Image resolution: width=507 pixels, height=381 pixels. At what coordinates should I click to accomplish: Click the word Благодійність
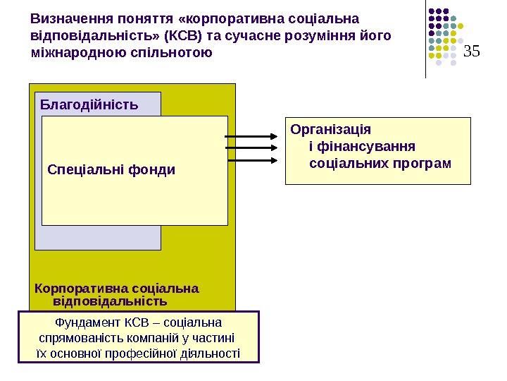pyautogui.click(x=89, y=105)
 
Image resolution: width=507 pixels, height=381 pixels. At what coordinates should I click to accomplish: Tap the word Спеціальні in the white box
pyautogui.click(x=77, y=169)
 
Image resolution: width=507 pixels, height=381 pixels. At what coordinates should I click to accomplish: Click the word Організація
pyautogui.click(x=330, y=130)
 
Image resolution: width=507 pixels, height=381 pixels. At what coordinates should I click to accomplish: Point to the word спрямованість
pyautogui.click(x=80, y=338)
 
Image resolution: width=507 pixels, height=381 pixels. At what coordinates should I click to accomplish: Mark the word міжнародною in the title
pyautogui.click(x=80, y=52)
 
